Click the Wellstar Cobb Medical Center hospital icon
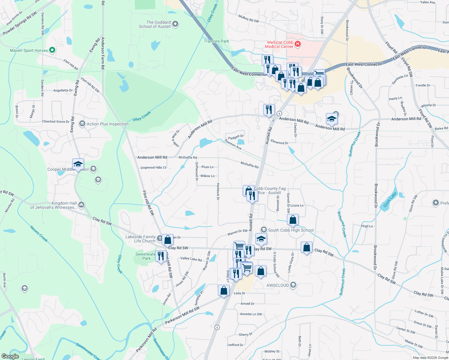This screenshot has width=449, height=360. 298,44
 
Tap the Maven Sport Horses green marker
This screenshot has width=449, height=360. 52,50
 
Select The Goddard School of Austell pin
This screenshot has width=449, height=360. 176,24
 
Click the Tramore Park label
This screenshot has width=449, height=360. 216,41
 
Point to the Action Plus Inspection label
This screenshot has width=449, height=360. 107,124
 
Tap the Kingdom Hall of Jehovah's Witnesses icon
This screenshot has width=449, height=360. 81,205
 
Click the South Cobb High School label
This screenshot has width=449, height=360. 291,230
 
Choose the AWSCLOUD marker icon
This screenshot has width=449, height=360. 294,285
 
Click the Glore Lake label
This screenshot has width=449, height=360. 390,200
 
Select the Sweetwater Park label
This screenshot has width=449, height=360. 146,256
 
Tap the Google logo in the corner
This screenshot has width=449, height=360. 10,356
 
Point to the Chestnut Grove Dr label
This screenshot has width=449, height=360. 56,121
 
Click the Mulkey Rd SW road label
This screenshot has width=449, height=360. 249,19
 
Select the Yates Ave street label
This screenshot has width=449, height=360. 427,2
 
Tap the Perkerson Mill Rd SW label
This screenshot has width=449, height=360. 182,315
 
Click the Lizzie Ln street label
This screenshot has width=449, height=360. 297,205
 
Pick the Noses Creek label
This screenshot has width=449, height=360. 39,234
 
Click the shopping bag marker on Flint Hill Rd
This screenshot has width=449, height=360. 168,239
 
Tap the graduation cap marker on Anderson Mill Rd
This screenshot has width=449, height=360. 331,119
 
